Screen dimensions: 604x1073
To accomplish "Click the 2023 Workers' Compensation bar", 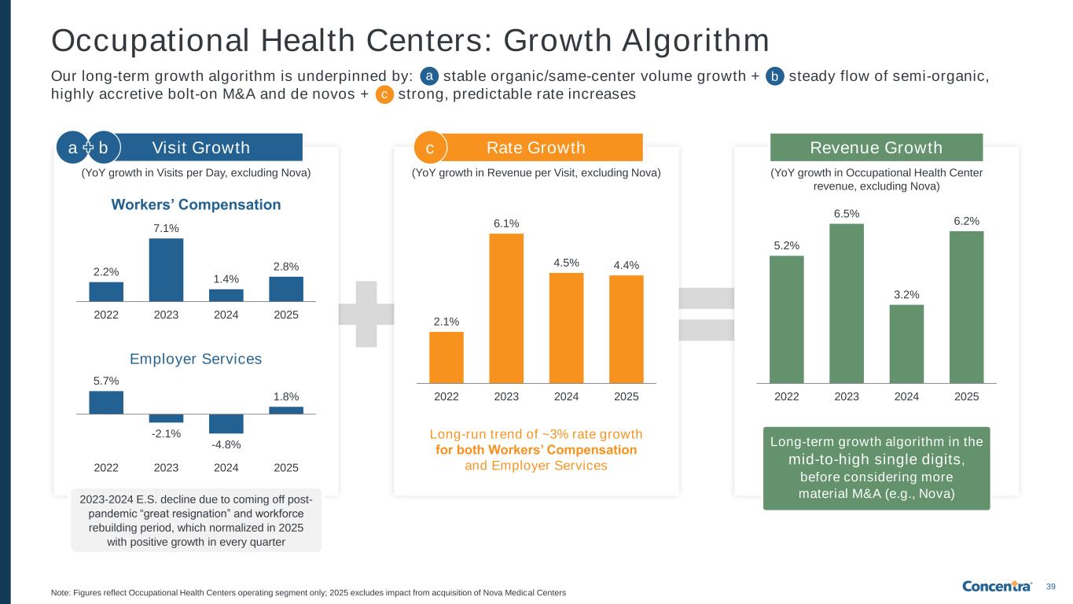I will coord(166,269).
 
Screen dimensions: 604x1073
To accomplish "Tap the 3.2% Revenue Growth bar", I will coord(906,343).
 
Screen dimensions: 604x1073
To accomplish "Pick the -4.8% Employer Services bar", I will coord(226,423).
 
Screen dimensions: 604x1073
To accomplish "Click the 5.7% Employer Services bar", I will coord(106,402).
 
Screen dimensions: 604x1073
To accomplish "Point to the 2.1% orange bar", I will coord(446,357).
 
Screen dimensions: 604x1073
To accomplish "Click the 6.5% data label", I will coord(846,212).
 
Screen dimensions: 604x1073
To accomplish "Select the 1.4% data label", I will coord(226,278).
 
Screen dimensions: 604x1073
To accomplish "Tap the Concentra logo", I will coord(998,586).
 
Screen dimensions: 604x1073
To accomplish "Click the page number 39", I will coord(1051,587).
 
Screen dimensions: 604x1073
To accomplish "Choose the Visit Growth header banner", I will coord(200,147).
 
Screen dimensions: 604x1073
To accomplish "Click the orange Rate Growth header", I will coord(536,147).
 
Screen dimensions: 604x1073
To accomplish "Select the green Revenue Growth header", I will coord(876,147).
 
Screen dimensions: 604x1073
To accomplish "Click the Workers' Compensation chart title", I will coord(196,204).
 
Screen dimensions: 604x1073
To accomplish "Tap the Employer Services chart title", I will coord(196,359).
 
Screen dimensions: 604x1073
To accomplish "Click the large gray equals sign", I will coord(706,315).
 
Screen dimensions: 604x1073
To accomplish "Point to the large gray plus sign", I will coord(366,313).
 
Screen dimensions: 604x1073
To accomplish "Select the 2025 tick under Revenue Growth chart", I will coord(966,397).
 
